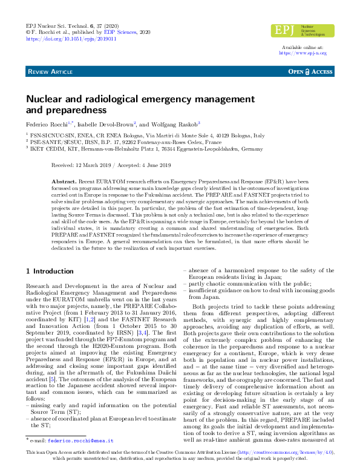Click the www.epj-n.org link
tap(302, 53)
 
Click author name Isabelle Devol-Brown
tap(96, 123)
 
